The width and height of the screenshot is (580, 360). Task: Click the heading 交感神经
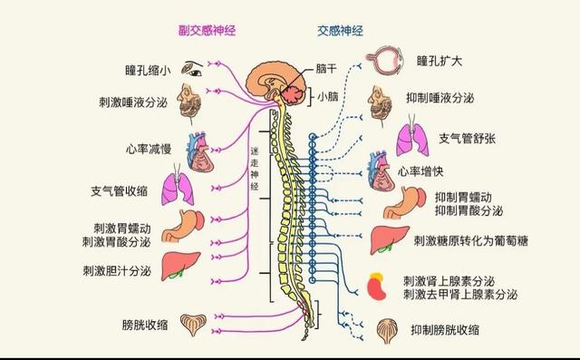click(340, 30)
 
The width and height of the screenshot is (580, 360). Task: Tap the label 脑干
click(327, 68)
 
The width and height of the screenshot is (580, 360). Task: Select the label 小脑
click(328, 94)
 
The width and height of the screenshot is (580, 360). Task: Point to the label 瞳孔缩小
click(148, 68)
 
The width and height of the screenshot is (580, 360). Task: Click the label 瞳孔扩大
click(440, 63)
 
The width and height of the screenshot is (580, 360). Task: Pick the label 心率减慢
click(149, 149)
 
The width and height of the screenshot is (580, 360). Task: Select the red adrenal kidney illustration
click(378, 286)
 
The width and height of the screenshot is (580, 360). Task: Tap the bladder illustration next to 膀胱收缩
click(192, 325)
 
